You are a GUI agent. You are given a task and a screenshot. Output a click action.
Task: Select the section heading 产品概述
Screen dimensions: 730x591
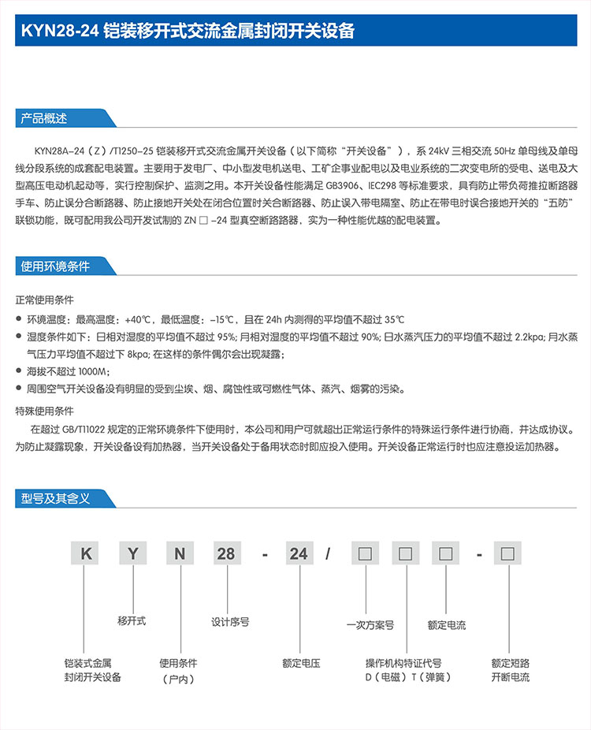pyautogui.click(x=44, y=119)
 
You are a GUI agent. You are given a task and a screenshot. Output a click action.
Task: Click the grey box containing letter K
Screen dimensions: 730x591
pyautogui.click(x=86, y=553)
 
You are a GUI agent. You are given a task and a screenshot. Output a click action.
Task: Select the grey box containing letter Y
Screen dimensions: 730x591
pyautogui.click(x=133, y=553)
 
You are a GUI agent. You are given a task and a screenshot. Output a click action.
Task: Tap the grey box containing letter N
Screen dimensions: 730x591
pyautogui.click(x=180, y=553)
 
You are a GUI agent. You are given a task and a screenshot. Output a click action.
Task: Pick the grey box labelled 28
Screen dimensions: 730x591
pyautogui.click(x=226, y=553)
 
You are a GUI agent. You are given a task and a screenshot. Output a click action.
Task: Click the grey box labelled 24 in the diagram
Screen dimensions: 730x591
pyautogui.click(x=299, y=553)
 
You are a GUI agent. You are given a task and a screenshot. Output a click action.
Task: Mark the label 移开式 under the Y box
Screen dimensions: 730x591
pyautogui.click(x=132, y=620)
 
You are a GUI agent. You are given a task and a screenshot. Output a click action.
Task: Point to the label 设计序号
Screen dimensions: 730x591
pyautogui.click(x=230, y=621)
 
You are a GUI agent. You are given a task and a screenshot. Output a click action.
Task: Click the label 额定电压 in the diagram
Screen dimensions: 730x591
pyautogui.click(x=301, y=663)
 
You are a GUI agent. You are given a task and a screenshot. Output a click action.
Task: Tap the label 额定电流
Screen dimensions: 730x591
pyautogui.click(x=446, y=625)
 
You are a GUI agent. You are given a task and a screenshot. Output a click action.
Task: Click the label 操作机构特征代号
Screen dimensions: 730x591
pyautogui.click(x=403, y=663)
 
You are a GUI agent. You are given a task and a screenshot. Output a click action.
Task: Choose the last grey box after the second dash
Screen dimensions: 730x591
pyautogui.click(x=508, y=553)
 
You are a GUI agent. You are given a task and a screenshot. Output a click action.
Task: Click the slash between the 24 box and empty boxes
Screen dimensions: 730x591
pyautogui.click(x=327, y=553)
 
